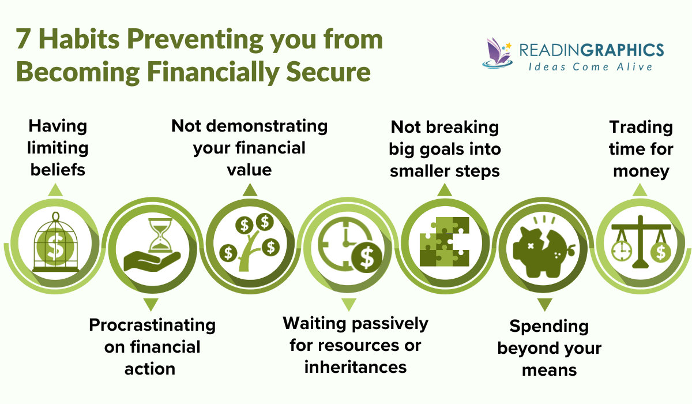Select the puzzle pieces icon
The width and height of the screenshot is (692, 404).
pyautogui.click(x=444, y=243)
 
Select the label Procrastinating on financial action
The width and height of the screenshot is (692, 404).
pyautogui.click(x=152, y=346)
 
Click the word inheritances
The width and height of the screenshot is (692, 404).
pyautogui.click(x=356, y=366)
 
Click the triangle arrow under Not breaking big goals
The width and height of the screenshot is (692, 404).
pyautogui.click(x=444, y=190)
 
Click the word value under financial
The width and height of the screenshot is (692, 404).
pyautogui.click(x=249, y=170)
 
